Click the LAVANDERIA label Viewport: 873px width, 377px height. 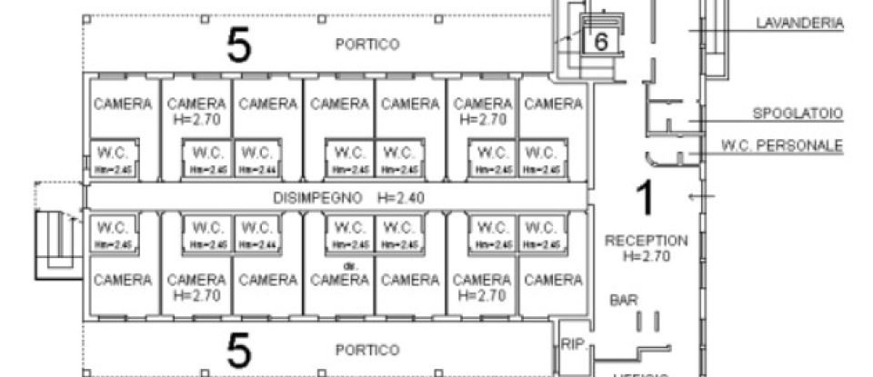coord(800,25)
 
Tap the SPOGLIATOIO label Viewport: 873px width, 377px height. coord(798,114)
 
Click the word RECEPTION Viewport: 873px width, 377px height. coord(646,240)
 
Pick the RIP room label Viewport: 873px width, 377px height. coord(571,343)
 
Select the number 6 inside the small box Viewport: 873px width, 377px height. coord(600,41)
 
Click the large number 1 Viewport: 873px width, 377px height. coord(643,198)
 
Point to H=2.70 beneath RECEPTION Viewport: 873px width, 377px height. coord(646,256)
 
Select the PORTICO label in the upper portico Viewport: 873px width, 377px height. coord(366,44)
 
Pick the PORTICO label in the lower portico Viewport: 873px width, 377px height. coord(366,349)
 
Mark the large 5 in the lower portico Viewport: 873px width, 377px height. coord(238,348)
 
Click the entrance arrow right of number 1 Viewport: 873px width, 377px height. coord(697,195)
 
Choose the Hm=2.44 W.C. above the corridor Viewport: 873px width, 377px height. coord(256,157)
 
